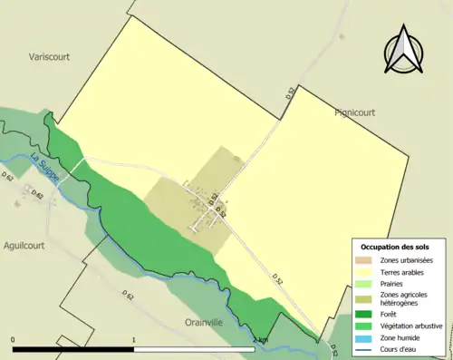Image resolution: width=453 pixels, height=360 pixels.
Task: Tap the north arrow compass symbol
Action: point(403,51)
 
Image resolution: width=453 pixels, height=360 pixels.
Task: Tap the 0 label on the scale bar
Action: point(13,340)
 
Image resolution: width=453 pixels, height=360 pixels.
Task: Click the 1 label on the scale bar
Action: point(134,340)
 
